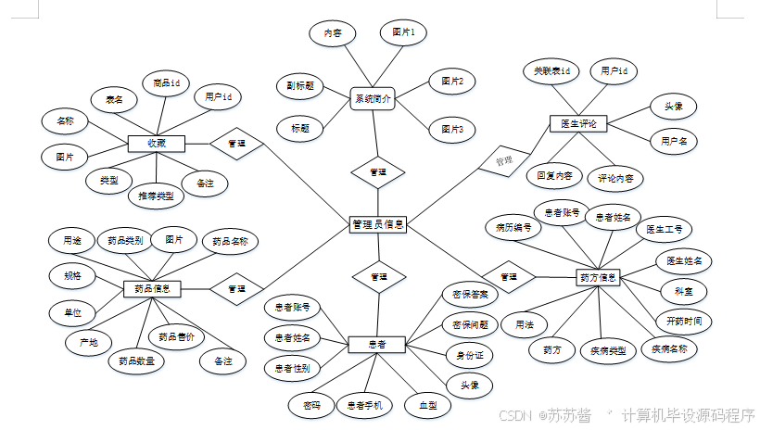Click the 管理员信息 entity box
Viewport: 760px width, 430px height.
(x=378, y=224)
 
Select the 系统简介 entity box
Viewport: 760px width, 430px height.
(x=373, y=98)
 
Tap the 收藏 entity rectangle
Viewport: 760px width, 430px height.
(x=157, y=144)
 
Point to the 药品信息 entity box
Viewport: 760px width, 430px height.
(x=152, y=289)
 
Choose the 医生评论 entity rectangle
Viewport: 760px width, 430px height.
(x=579, y=123)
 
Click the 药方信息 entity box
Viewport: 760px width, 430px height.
(x=598, y=276)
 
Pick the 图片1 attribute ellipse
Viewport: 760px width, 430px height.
(x=403, y=32)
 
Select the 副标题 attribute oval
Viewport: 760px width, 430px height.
(x=299, y=85)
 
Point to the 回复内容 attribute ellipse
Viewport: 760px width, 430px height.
(x=554, y=175)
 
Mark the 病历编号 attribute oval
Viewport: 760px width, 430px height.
(x=513, y=226)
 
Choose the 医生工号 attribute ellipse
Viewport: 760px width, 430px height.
(x=665, y=228)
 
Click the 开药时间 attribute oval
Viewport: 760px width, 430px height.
(x=683, y=321)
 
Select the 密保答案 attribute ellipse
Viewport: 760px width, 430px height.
(x=469, y=294)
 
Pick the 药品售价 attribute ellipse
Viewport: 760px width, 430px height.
(x=176, y=336)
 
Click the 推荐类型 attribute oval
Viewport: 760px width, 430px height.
(x=155, y=196)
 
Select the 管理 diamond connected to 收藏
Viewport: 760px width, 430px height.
(x=236, y=144)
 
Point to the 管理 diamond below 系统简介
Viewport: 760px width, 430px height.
(x=378, y=172)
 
